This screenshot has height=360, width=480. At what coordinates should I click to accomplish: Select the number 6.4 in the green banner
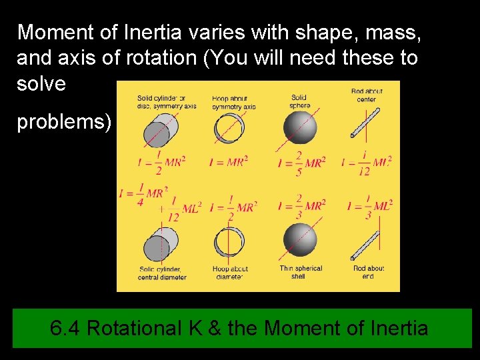[x=66, y=328]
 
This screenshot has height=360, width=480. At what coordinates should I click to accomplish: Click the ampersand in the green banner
[x=215, y=328]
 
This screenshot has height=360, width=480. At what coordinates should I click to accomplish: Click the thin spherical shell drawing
[x=299, y=239]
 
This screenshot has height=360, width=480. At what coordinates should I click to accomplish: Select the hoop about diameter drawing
[x=230, y=242]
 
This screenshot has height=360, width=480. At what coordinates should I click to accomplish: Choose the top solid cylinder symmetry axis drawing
[x=159, y=130]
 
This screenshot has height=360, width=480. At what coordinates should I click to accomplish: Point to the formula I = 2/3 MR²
[x=301, y=206]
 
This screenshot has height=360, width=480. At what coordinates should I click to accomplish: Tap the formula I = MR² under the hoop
[x=229, y=162]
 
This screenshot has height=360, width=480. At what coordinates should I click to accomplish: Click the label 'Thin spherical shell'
[x=301, y=272]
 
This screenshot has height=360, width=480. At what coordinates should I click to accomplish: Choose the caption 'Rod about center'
[x=366, y=95]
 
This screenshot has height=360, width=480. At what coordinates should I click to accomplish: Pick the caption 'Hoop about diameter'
[x=230, y=273]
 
